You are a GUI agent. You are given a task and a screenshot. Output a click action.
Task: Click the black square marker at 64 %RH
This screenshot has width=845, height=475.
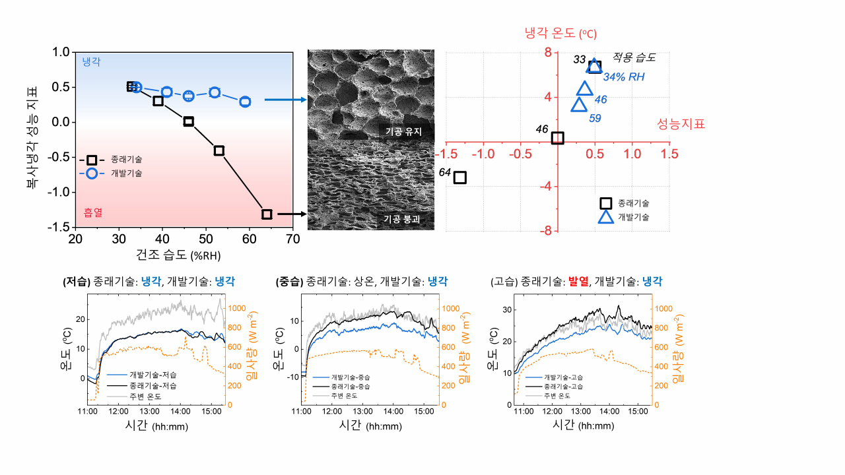pyautogui.click(x=267, y=214)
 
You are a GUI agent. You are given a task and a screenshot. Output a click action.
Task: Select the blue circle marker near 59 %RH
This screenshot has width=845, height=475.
pyautogui.click(x=245, y=102)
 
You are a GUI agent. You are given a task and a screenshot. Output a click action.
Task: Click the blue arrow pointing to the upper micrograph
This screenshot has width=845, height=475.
pyautogui.click(x=286, y=100)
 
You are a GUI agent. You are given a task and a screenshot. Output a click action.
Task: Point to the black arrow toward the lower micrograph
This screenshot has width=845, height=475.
pyautogui.click(x=292, y=214)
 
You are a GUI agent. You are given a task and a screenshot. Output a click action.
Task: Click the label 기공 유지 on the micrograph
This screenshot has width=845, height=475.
pyautogui.click(x=403, y=131)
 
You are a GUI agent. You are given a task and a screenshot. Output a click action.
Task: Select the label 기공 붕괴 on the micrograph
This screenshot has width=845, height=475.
pyautogui.click(x=402, y=219)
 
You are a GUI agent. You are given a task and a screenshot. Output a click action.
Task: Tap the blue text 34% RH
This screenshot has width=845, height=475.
pyautogui.click(x=624, y=77)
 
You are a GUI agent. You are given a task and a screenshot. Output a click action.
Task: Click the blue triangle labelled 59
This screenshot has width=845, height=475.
pyautogui.click(x=579, y=105)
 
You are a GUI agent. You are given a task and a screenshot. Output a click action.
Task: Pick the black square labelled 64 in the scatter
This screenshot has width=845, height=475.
pyautogui.click(x=460, y=177)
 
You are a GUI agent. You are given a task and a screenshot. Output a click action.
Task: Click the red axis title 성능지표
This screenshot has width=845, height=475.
pyautogui.click(x=681, y=124)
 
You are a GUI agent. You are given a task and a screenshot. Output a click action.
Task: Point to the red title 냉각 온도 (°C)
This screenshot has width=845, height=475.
pyautogui.click(x=560, y=33)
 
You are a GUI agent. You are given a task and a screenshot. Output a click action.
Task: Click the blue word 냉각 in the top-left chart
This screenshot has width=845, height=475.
pyautogui.click(x=91, y=62)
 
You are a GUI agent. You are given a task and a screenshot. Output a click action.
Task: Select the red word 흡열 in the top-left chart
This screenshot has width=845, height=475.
pyautogui.click(x=93, y=212)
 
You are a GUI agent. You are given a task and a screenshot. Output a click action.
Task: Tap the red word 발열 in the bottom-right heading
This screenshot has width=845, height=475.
pyautogui.click(x=578, y=281)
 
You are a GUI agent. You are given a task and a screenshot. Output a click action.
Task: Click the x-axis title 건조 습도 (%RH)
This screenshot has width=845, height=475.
pyautogui.click(x=178, y=255)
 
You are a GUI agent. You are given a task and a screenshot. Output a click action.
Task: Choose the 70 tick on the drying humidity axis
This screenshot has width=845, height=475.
pyautogui.click(x=292, y=239)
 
